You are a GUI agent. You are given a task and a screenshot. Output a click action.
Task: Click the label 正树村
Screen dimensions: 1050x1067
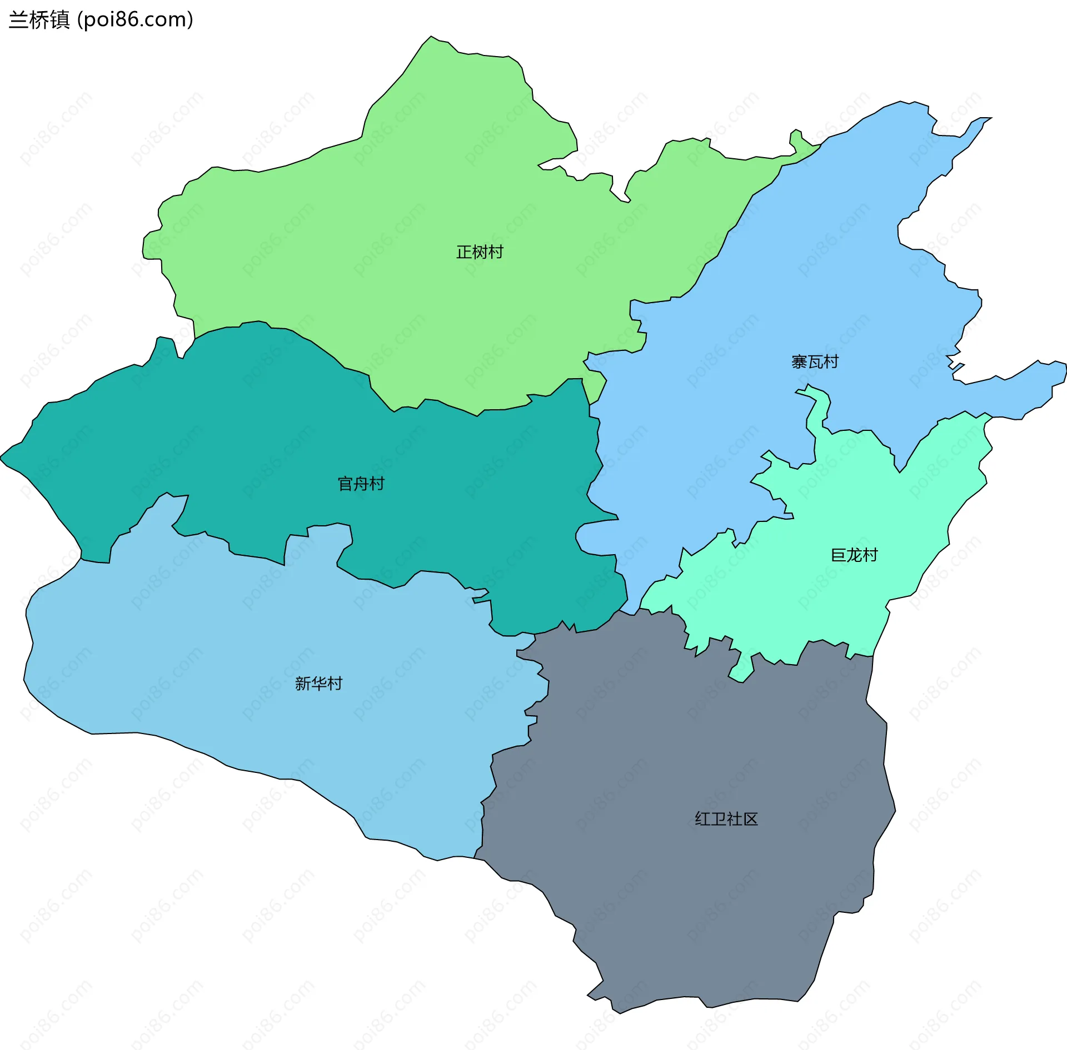pyautogui.click(x=480, y=252)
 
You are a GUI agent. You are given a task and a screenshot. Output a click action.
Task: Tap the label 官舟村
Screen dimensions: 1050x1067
pyautogui.click(x=361, y=484)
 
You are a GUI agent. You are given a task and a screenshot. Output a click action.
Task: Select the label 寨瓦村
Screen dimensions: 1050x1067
pyautogui.click(x=815, y=362)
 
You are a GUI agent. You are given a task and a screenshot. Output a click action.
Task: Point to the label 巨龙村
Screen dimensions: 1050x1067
pyautogui.click(x=854, y=555)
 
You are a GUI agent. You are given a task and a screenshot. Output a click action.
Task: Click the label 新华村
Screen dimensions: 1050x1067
pyautogui.click(x=318, y=684)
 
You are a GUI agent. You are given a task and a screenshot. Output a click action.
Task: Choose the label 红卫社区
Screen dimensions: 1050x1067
pyautogui.click(x=726, y=819)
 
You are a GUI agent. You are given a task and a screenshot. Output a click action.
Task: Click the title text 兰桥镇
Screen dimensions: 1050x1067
pyautogui.click(x=39, y=20)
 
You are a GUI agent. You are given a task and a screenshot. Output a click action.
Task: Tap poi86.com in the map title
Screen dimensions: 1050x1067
pyautogui.click(x=135, y=20)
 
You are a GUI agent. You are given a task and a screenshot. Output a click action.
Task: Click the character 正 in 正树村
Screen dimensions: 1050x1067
pyautogui.click(x=464, y=252)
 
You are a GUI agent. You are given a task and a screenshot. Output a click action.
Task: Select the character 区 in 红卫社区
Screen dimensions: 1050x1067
pyautogui.click(x=751, y=819)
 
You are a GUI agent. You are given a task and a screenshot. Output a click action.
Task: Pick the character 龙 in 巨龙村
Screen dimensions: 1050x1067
pyautogui.click(x=854, y=555)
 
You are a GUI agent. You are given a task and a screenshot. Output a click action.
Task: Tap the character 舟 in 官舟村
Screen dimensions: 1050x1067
pyautogui.click(x=361, y=484)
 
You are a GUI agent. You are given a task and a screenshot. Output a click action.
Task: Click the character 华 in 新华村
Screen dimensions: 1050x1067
pyautogui.click(x=318, y=684)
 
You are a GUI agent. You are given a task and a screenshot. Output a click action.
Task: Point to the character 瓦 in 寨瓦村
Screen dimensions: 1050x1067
pyautogui.click(x=815, y=362)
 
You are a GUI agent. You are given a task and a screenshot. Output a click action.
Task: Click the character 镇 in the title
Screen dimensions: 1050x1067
pyautogui.click(x=59, y=20)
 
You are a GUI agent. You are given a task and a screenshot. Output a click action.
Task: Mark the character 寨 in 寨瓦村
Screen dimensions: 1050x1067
pyautogui.click(x=799, y=362)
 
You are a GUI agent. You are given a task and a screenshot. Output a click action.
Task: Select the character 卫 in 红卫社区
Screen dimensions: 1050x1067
pyautogui.click(x=719, y=819)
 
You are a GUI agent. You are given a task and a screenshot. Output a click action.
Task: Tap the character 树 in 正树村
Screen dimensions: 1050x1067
pyautogui.click(x=480, y=252)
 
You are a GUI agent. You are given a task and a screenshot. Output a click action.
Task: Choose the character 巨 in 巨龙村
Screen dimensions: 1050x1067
pyautogui.click(x=839, y=555)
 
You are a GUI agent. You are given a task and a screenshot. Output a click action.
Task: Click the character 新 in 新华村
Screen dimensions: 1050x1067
pyautogui.click(x=303, y=684)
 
